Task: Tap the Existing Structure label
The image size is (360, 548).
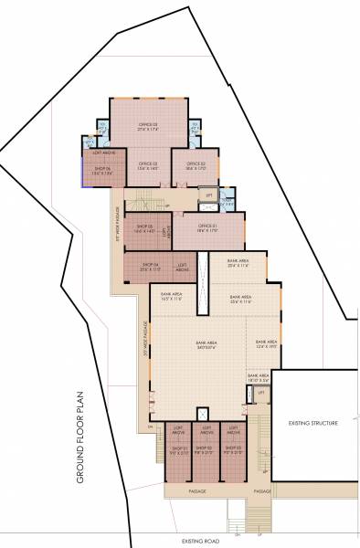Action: (312, 424)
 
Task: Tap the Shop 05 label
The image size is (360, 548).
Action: (145, 229)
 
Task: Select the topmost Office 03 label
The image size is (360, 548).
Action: (149, 126)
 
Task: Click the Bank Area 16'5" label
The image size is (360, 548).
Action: (172, 297)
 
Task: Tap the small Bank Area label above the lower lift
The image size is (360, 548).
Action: (259, 375)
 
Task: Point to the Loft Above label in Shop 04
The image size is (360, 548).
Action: (182, 269)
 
